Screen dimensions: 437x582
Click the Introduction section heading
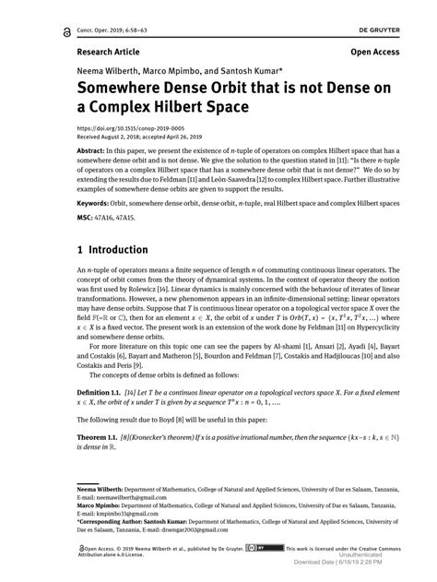coord(114,250)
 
